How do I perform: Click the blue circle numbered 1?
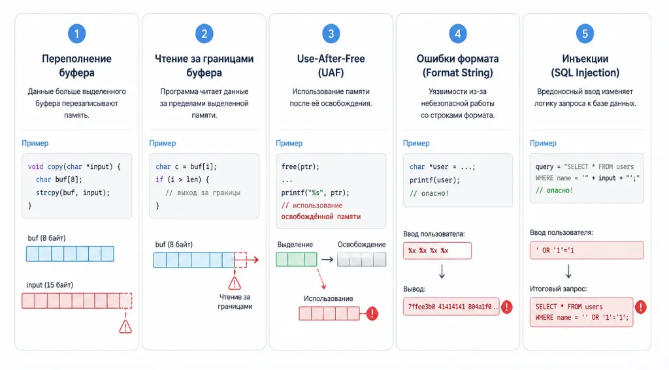click(x=77, y=34)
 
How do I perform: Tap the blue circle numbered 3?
click(x=331, y=34)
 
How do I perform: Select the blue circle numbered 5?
click(x=585, y=34)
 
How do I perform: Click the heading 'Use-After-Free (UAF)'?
click(x=331, y=66)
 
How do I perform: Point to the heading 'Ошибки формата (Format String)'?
click(x=458, y=66)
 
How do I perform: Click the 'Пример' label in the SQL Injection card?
click(x=543, y=143)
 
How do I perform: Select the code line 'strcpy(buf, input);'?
click(x=73, y=193)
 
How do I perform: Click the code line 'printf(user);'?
click(x=434, y=180)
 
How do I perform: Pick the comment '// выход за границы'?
click(x=203, y=193)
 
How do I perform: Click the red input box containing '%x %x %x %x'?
click(x=437, y=251)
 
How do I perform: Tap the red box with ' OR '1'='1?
click(x=587, y=250)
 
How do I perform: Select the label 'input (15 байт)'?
click(x=50, y=285)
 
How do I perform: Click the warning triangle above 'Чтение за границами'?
click(x=235, y=283)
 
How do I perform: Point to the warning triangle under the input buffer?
click(x=125, y=327)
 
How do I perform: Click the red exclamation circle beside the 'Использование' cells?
click(x=372, y=313)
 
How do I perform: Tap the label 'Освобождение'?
click(x=361, y=244)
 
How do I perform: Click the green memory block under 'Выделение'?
click(x=297, y=259)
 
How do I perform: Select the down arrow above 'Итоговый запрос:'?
click(x=569, y=271)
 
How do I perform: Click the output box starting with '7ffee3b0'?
click(x=451, y=307)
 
